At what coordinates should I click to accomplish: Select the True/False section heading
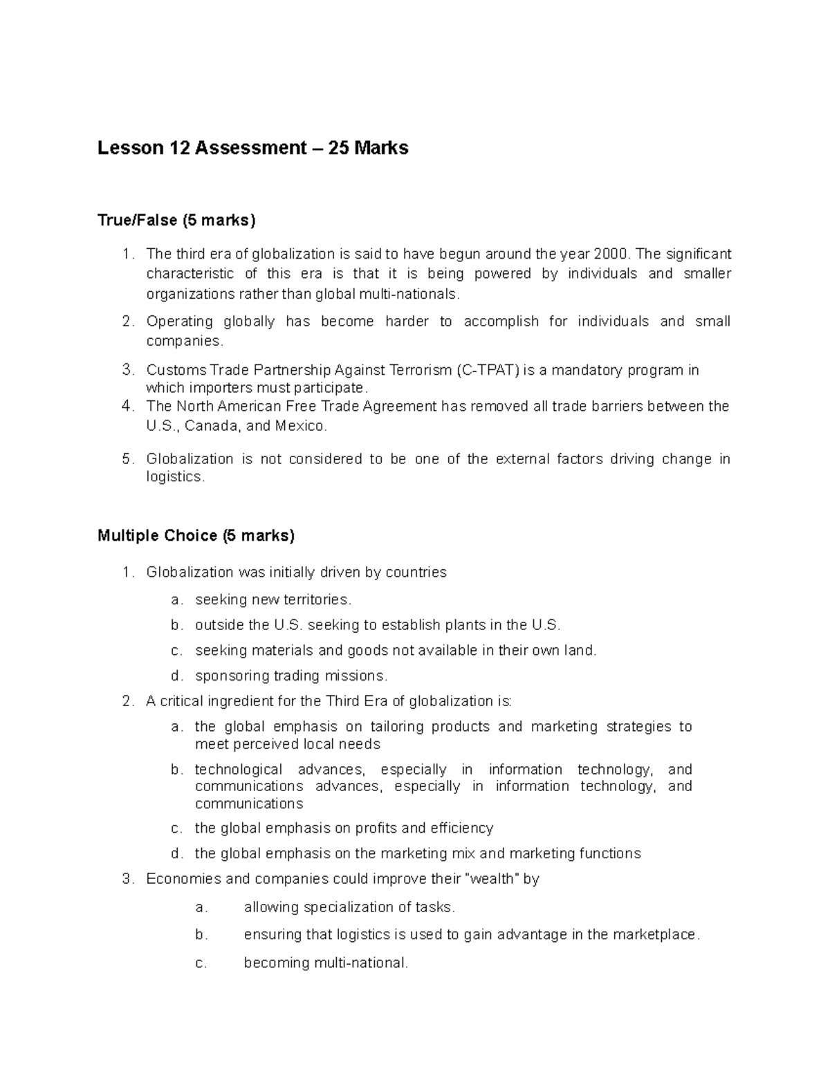click(176, 221)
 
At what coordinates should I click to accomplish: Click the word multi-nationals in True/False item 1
click(407, 294)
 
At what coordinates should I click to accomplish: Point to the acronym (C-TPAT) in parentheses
click(488, 370)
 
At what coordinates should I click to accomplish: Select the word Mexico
click(299, 426)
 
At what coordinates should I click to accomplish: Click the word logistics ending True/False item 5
click(175, 477)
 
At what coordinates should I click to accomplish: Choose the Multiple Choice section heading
click(196, 535)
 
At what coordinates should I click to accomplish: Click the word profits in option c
click(376, 828)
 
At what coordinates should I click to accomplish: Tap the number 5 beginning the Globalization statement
click(126, 459)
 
